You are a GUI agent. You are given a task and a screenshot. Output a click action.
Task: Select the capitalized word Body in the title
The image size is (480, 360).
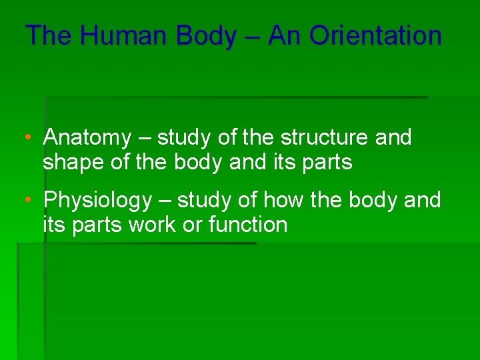205,36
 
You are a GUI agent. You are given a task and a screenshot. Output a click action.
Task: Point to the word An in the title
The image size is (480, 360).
286,36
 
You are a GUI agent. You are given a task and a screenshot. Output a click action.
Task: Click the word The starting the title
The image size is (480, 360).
49,36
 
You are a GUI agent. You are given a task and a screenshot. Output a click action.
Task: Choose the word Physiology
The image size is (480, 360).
97,201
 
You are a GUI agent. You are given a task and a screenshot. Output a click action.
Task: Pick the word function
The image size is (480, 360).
248,225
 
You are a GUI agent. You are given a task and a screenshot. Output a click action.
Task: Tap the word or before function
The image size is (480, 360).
193,225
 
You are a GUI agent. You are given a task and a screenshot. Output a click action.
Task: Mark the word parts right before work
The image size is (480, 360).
95,225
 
